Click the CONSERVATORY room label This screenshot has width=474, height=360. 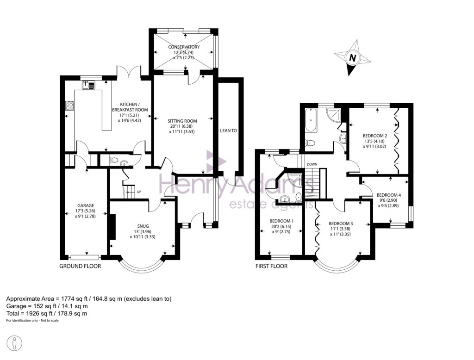pyautogui.click(x=184, y=47)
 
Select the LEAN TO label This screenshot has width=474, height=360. pyautogui.click(x=228, y=131)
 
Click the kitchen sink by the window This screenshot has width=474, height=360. pyautogui.click(x=88, y=85)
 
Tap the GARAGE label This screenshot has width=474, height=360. pyautogui.click(x=86, y=205)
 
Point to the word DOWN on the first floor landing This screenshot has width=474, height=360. pyautogui.click(x=312, y=164)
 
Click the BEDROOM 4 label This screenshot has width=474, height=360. pyautogui.click(x=389, y=195)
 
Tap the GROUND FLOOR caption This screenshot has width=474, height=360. pyautogui.click(x=80, y=266)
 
